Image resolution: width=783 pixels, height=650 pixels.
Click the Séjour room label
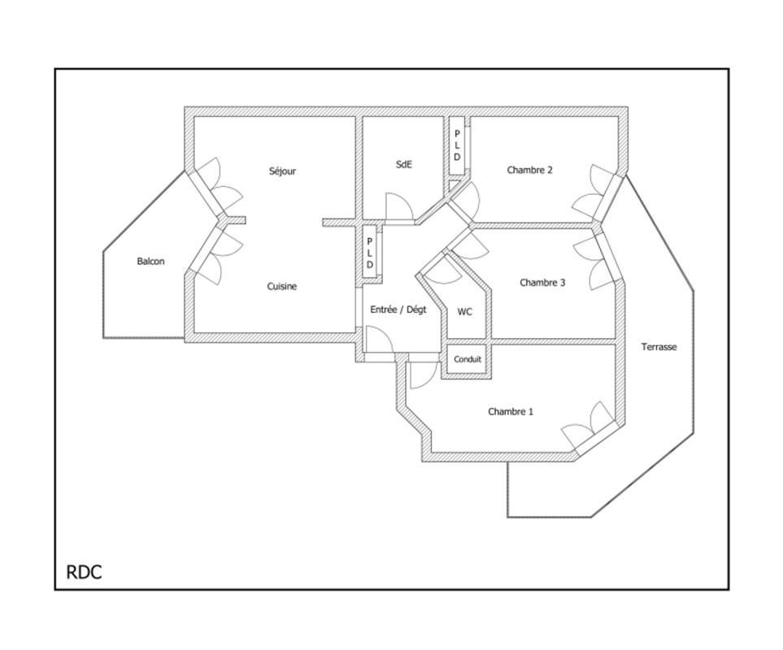click(282, 171)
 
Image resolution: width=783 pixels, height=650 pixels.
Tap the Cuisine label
click(281, 286)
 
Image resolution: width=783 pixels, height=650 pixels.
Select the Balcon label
click(150, 262)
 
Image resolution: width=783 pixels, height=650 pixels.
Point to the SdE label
click(403, 164)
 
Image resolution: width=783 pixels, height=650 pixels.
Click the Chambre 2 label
click(529, 170)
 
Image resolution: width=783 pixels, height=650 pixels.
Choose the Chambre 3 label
click(542, 283)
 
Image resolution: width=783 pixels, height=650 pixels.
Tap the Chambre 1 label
click(511, 412)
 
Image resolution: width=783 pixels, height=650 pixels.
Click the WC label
click(464, 312)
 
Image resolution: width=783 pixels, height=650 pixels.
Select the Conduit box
click(468, 359)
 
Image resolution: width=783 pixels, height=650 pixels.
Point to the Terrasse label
click(659, 347)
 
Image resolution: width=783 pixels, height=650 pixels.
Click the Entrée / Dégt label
click(398, 310)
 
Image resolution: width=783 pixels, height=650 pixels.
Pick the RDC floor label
click(84, 572)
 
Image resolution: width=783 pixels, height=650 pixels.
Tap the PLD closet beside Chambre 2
click(456, 145)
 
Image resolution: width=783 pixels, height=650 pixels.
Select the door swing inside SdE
click(399, 206)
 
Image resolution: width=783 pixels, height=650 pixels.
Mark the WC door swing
click(443, 270)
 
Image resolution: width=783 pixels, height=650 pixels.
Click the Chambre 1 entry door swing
click(424, 375)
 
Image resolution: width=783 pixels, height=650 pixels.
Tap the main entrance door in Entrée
click(379, 339)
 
